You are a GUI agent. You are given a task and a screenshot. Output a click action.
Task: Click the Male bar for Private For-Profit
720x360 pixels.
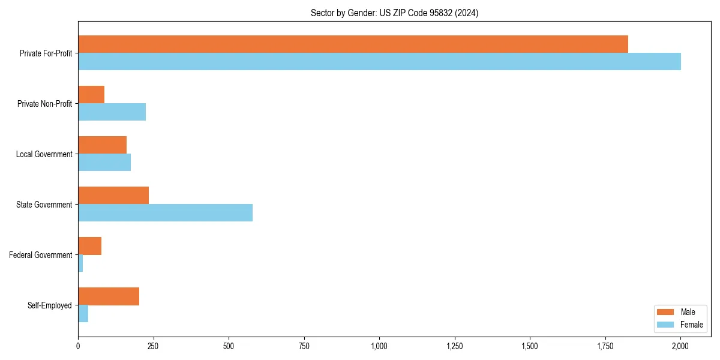coord(353,44)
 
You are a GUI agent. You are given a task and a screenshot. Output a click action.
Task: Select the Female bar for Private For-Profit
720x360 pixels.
coord(379,62)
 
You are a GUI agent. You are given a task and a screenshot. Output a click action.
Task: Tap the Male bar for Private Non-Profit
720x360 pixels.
coord(91,95)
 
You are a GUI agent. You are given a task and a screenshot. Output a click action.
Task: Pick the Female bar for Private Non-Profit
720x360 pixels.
coord(112,112)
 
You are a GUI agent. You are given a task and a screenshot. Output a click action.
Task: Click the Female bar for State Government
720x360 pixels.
coord(165,213)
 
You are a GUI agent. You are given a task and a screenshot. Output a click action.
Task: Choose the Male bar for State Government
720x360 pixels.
coord(113,196)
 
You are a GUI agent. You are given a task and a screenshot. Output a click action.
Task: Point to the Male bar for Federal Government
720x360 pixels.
coord(89,246)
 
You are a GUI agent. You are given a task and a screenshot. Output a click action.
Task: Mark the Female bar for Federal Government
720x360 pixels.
coord(80,263)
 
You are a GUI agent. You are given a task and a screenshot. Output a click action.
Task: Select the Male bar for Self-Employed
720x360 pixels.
coord(109,296)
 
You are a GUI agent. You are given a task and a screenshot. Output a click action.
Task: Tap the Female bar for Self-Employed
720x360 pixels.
coord(83,314)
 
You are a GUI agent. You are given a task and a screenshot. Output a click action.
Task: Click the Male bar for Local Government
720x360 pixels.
coord(102,145)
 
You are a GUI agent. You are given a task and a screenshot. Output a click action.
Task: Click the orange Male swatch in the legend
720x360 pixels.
coord(666,312)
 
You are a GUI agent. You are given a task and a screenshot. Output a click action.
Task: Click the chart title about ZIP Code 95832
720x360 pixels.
coord(394,13)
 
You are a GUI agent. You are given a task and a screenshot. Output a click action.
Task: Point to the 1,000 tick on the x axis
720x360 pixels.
coord(379,346)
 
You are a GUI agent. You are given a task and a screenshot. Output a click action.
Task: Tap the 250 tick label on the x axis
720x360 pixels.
coord(153,346)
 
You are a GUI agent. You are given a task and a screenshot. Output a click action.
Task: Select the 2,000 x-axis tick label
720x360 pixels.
coord(680,346)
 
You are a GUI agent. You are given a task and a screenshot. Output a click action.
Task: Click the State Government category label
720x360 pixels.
coord(44,205)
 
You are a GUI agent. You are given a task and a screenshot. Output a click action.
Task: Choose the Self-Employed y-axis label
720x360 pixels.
coord(49,305)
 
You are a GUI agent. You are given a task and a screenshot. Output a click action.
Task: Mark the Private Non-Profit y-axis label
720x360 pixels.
coord(44,104)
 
